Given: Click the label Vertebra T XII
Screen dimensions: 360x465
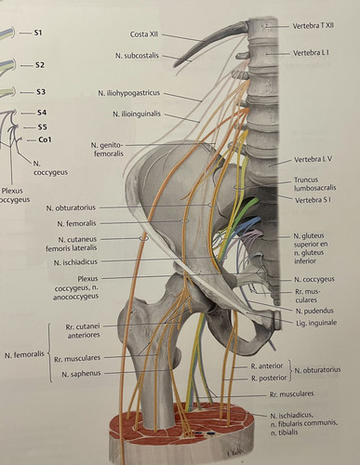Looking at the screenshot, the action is tap(313, 26).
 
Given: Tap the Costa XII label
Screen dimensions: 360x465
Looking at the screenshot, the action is tap(144, 34).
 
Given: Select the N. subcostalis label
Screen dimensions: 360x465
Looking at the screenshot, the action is tap(137, 56).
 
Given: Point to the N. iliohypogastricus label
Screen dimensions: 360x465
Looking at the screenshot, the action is tap(129, 93).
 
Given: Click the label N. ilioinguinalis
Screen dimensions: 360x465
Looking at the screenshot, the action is tap(137, 114).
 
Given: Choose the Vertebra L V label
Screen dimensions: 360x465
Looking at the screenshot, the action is tap(313, 159).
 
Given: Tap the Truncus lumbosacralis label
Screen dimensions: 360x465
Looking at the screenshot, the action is tap(314, 183).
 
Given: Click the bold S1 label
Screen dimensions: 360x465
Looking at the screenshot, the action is tap(38, 33).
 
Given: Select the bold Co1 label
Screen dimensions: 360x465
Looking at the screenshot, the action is tap(45, 139).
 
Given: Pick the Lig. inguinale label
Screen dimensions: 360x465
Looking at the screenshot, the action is tap(315, 323).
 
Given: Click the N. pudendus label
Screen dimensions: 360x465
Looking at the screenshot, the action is tap(314, 311).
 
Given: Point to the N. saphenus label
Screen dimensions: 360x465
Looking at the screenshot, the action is tap(81, 374).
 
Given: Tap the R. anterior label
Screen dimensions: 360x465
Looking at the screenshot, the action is tap(267, 366).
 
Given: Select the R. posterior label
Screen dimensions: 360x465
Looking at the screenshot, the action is tap(269, 378).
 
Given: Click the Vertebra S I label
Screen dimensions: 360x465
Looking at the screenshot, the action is tap(313, 200).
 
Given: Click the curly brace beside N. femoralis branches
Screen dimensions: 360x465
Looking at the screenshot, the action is tap(49, 353).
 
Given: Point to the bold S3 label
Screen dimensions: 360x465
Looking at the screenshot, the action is tap(40, 92).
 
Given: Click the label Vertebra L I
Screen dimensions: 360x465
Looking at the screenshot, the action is tap(311, 53).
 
